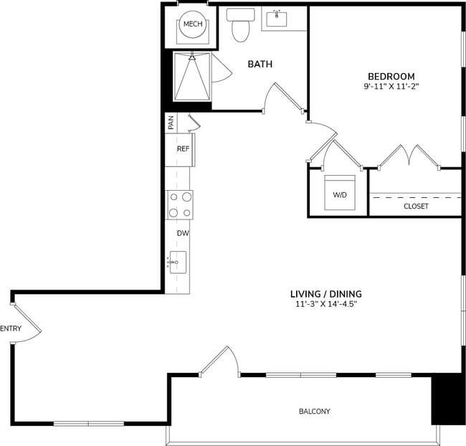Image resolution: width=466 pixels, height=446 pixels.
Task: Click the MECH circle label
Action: click(x=192, y=24)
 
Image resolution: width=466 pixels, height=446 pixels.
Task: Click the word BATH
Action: click(x=260, y=65)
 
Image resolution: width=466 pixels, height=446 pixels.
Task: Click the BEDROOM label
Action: click(x=391, y=76)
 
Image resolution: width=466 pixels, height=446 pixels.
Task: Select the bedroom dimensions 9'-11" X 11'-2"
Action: click(x=391, y=87)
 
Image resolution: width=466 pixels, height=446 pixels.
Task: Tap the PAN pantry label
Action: click(x=171, y=123)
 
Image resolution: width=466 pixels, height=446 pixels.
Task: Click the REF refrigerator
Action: click(x=183, y=149)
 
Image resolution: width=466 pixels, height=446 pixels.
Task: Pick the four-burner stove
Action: click(x=180, y=204)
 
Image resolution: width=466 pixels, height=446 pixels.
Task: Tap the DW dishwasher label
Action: click(x=182, y=233)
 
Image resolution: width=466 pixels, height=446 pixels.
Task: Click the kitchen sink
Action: click(x=177, y=262)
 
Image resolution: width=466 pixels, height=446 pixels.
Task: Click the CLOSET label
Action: click(x=416, y=206)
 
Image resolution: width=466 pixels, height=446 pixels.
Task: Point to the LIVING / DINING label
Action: click(x=325, y=293)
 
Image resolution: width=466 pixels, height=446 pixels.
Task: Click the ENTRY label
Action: click(x=11, y=329)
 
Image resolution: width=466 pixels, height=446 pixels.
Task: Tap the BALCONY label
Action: click(x=314, y=411)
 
